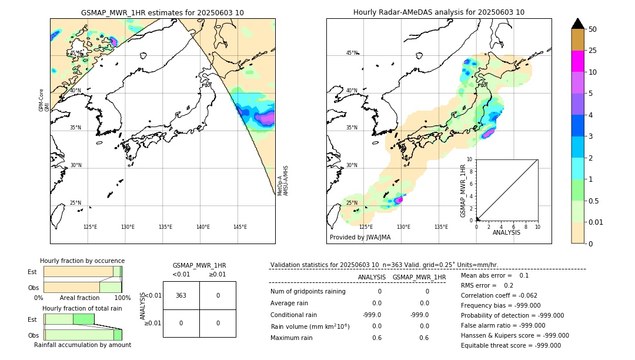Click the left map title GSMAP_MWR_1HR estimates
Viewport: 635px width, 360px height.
coord(162,12)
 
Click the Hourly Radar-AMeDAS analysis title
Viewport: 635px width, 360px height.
coord(439,12)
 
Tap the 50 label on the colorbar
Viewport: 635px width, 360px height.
coord(593,29)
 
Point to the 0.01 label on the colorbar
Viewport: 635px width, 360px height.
coord(596,222)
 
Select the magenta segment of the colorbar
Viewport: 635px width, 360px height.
coord(577,61)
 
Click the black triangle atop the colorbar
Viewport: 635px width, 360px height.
coord(577,24)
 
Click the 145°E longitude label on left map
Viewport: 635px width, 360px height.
coord(240,227)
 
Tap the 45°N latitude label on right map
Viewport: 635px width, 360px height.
coord(352,53)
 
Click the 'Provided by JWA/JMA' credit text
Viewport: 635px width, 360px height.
coord(360,237)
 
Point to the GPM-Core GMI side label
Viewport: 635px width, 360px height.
coord(41,100)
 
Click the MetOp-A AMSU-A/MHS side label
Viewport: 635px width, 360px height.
coord(283,181)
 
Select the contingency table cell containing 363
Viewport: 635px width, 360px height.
coord(181,295)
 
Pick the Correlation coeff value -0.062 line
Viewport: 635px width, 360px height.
coord(499,296)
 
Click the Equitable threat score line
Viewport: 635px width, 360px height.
coord(511,345)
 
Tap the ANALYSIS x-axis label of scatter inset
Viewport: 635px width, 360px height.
coord(506,232)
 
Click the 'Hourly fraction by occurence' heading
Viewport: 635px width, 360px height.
coord(82,261)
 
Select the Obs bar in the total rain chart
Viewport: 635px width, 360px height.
coord(82,335)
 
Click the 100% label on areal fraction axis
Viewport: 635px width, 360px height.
coord(122,298)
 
